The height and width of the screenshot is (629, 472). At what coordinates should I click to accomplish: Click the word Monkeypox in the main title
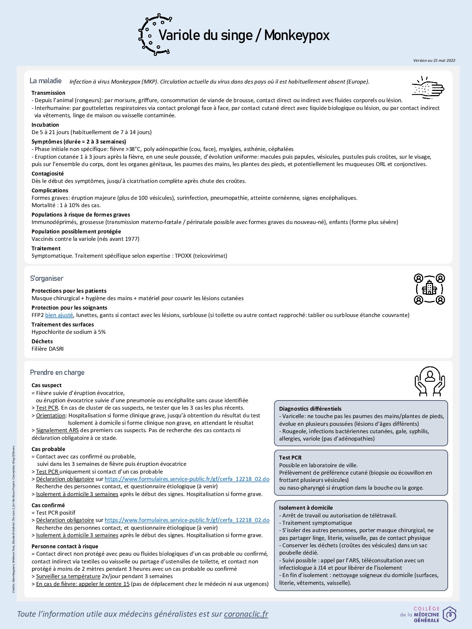click(x=297, y=35)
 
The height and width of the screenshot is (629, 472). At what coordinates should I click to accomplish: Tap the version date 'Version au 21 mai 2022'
click(x=434, y=60)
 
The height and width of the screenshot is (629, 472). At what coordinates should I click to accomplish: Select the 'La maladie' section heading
click(x=46, y=81)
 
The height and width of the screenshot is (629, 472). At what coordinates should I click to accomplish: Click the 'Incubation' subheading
click(x=45, y=125)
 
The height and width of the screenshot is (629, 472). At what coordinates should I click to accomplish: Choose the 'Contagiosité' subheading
click(x=48, y=173)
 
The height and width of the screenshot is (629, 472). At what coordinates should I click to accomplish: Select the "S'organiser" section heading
click(x=47, y=278)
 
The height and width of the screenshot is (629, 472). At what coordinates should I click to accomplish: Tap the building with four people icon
click(x=429, y=289)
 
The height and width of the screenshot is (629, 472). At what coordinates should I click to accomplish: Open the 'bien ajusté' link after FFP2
click(x=59, y=315)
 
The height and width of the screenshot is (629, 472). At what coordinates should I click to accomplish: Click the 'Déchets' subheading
click(x=42, y=341)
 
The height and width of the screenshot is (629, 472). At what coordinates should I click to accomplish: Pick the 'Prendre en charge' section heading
click(x=57, y=372)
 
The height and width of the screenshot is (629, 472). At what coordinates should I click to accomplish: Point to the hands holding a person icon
click(x=430, y=381)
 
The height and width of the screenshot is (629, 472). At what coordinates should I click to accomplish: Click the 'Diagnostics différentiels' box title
click(x=310, y=409)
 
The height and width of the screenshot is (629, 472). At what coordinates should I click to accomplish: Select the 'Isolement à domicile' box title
click(x=306, y=508)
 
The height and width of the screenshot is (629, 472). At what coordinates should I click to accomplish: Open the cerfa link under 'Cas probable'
click(x=187, y=479)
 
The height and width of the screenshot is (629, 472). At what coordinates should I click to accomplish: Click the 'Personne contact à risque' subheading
click(x=65, y=546)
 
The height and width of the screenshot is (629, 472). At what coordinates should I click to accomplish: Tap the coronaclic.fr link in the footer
click(x=246, y=614)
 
